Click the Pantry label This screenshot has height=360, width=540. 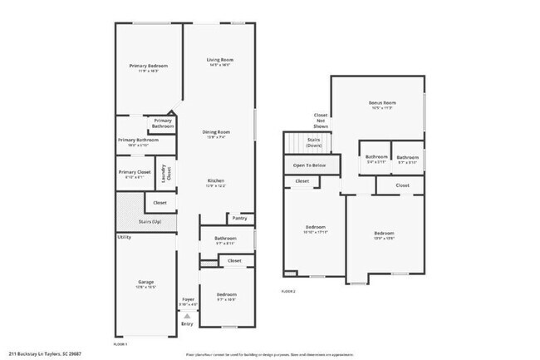pyautogui.click(x=239, y=219)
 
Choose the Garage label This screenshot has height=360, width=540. pyautogui.click(x=145, y=283)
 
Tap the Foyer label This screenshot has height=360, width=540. pyautogui.click(x=188, y=300)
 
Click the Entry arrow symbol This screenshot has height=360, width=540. pyautogui.click(x=188, y=315)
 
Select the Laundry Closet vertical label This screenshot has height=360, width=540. pyautogui.click(x=164, y=172)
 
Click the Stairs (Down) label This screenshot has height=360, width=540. pyautogui.click(x=314, y=142)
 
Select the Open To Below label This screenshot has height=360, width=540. pyautogui.click(x=308, y=165)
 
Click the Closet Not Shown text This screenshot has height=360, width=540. pyautogui.click(x=320, y=120)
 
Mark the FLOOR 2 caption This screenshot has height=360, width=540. pyautogui.click(x=288, y=291)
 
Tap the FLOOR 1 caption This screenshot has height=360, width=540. pyautogui.click(x=120, y=343)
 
